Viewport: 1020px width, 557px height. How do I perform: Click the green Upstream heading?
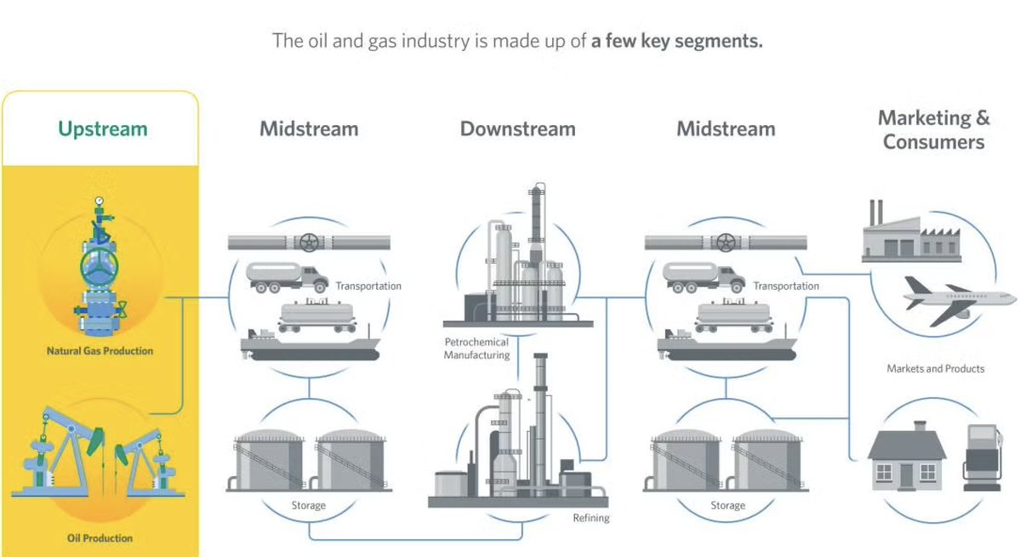(x=102, y=129)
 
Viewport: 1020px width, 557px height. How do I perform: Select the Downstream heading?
(x=517, y=129)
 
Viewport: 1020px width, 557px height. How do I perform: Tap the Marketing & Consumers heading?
(x=933, y=130)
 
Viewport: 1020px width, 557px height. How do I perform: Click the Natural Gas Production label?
(x=100, y=350)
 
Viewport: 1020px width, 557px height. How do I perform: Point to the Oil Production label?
(x=100, y=537)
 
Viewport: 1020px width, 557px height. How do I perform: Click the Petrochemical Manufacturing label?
(x=476, y=349)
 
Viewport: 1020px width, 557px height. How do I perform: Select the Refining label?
(x=590, y=517)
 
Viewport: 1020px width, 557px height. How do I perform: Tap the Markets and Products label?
(x=935, y=369)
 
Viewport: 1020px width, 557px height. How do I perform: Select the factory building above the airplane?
(x=907, y=234)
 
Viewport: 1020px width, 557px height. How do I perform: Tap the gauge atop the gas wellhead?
(x=100, y=202)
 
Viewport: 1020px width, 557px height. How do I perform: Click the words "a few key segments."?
(x=676, y=40)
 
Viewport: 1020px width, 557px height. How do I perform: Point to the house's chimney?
(x=918, y=426)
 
